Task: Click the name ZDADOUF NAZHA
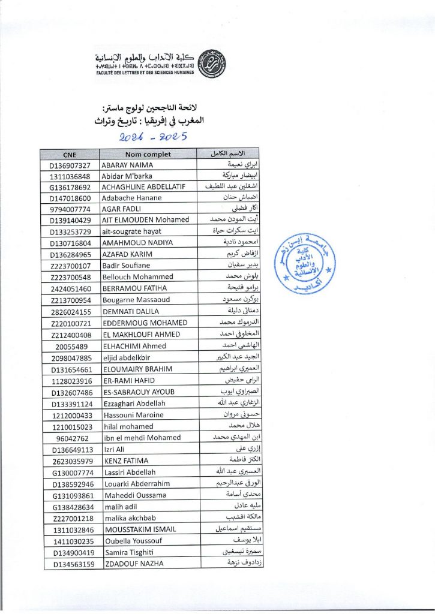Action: (x=134, y=564)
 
